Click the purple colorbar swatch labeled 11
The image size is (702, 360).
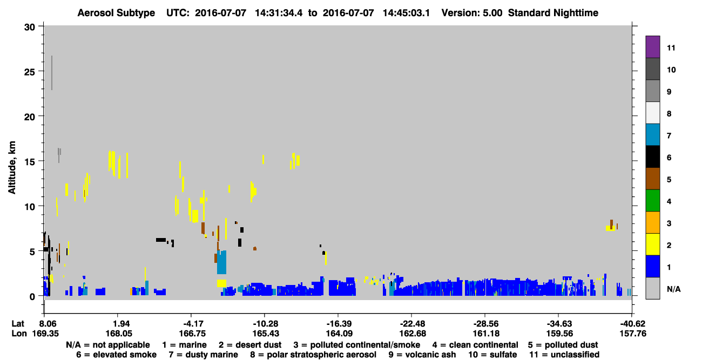pos(652,46)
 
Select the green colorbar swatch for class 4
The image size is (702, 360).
pos(652,201)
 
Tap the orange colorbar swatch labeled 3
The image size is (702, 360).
pos(652,222)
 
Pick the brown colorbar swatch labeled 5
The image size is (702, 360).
pos(652,179)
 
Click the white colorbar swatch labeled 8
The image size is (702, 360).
pos(652,113)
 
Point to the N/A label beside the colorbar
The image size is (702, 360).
pos(673,289)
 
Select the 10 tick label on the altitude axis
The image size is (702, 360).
pos(30,207)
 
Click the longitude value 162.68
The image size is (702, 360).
pos(413,334)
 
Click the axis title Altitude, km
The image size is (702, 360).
pos(12,168)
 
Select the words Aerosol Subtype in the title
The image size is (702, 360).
pos(116,13)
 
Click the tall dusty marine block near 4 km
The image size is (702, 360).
pos(222,262)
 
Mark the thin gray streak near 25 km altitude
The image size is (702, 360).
pos(52,73)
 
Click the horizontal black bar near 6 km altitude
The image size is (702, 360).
pos(161,240)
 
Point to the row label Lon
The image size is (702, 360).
pos(19,334)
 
